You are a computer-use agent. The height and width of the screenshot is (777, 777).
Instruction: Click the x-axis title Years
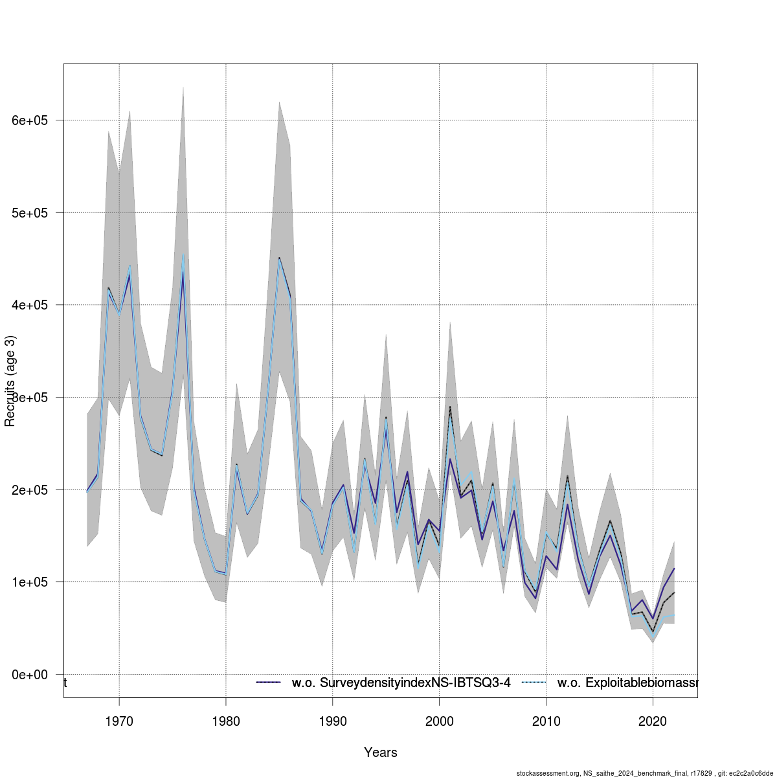click(x=381, y=752)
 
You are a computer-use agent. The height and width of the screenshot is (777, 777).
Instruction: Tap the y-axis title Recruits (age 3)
click(x=10, y=381)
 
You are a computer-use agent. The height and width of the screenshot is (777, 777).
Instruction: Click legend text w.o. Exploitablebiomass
click(x=627, y=682)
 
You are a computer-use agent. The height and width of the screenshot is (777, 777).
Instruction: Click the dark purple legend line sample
click(x=269, y=682)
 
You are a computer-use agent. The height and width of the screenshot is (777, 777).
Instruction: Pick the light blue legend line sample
click(x=534, y=682)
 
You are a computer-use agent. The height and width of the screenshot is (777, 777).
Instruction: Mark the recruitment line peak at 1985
click(x=279, y=258)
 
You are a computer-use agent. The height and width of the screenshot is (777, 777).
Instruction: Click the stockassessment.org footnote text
click(x=645, y=772)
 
